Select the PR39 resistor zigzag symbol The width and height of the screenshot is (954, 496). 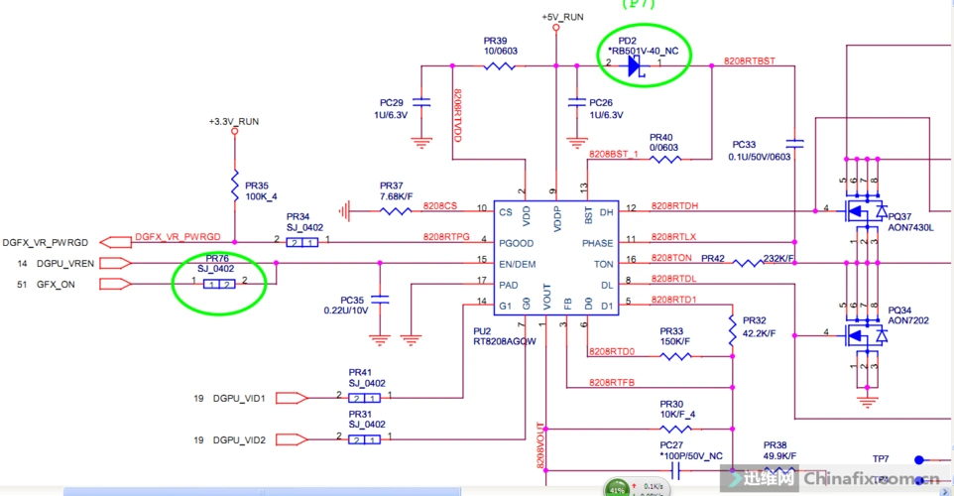[499, 66]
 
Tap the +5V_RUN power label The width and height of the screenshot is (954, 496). [563, 18]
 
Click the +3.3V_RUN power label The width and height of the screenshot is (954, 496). [234, 121]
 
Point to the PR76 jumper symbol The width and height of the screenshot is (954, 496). [219, 285]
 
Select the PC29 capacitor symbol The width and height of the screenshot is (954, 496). [421, 102]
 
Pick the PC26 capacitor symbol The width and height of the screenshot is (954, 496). [573, 102]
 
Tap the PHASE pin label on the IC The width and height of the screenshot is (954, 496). [597, 243]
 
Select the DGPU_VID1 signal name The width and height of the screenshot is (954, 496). [239, 399]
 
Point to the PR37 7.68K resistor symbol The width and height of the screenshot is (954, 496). [396, 210]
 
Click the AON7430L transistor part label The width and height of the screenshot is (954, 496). [910, 227]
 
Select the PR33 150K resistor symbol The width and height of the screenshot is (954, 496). [675, 355]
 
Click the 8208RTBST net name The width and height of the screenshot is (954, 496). [749, 62]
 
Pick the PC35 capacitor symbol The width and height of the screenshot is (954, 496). [382, 299]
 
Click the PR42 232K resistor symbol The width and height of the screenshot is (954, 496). [746, 262]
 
